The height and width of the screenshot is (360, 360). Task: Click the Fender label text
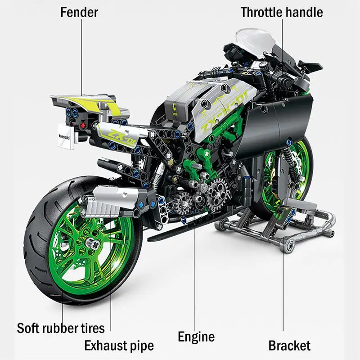[x=79, y=13]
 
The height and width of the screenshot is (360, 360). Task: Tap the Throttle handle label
[x=282, y=12]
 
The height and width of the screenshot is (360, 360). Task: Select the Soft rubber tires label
[x=61, y=328]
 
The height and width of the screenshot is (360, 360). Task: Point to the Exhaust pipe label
[x=119, y=346]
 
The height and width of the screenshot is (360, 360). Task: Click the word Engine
[x=196, y=337]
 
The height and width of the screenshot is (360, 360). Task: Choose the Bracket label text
[x=289, y=346]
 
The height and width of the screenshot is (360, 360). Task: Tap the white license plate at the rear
[x=66, y=137]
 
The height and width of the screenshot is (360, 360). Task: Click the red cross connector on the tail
[x=83, y=126]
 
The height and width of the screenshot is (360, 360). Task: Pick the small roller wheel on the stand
[x=290, y=247]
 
